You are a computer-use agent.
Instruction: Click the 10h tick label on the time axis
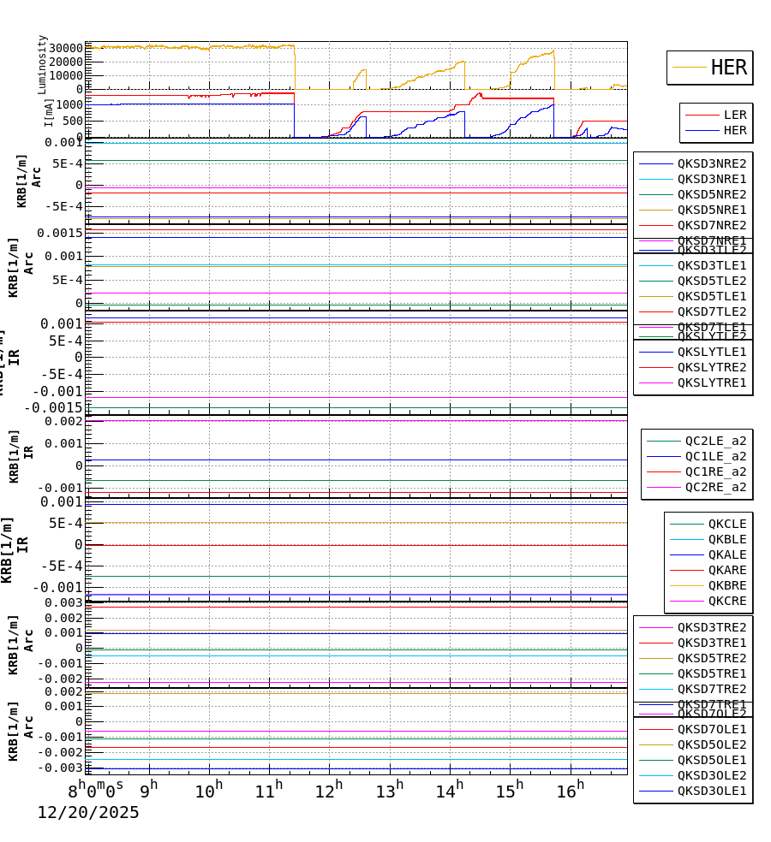click(x=208, y=791)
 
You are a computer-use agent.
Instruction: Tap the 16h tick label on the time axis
click(x=571, y=791)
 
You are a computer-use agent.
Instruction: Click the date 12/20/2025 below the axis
click(x=87, y=813)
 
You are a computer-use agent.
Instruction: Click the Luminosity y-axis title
click(x=42, y=63)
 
